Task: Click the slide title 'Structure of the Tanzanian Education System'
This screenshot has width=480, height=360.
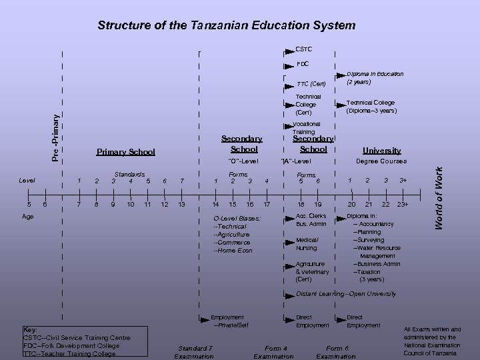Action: click(226, 25)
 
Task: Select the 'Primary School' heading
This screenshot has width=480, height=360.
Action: click(125, 151)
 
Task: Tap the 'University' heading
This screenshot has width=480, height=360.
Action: click(382, 151)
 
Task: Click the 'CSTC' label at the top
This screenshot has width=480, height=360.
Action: click(304, 49)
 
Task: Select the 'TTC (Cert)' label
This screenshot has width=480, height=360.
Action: click(311, 84)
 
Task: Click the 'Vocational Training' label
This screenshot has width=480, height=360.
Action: click(307, 128)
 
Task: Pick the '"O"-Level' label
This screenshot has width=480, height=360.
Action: click(243, 161)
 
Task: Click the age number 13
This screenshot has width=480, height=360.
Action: click(182, 204)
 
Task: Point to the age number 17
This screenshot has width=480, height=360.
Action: click(267, 204)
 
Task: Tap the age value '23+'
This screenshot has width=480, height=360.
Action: click(403, 204)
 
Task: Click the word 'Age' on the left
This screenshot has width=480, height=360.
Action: click(27, 217)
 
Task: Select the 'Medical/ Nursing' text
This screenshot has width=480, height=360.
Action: click(307, 243)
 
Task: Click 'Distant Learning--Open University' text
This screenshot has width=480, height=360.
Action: click(346, 294)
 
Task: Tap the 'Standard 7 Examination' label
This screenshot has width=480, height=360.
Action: click(195, 351)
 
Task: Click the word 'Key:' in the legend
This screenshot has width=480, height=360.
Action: click(31, 329)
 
